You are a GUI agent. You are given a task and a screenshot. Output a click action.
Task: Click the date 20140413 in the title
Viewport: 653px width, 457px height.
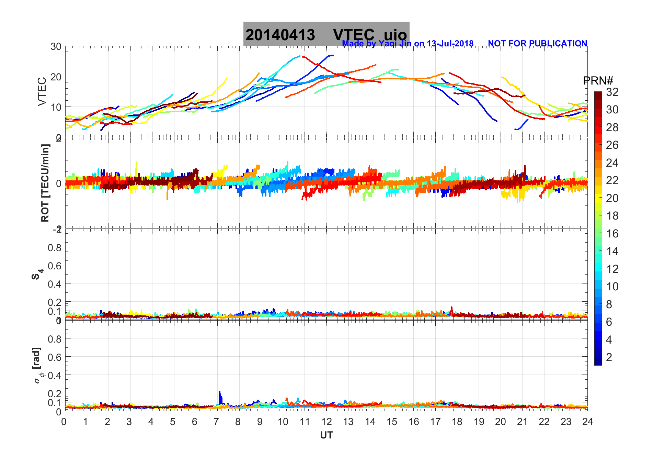click(x=280, y=35)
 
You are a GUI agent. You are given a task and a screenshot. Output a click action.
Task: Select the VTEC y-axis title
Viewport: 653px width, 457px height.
click(x=42, y=92)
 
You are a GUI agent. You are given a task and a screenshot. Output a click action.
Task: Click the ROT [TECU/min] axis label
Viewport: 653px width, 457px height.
click(x=45, y=183)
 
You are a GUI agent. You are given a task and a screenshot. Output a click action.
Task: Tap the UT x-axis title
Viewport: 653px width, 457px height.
click(x=326, y=435)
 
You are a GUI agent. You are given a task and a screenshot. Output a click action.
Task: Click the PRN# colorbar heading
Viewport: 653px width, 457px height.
click(x=598, y=81)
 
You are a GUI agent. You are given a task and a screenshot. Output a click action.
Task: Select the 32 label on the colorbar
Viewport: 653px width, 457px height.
click(x=612, y=92)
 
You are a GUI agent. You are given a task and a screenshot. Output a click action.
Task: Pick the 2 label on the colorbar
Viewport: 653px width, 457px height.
click(x=609, y=357)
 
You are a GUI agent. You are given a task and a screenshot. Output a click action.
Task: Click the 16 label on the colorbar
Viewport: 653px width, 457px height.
click(x=612, y=234)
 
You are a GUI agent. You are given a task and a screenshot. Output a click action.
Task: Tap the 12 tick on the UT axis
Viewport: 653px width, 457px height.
click(x=326, y=422)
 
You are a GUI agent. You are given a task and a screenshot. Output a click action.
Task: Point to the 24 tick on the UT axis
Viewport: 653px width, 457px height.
click(x=587, y=422)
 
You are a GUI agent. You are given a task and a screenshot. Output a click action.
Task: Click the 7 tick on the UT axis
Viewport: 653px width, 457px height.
click(x=216, y=422)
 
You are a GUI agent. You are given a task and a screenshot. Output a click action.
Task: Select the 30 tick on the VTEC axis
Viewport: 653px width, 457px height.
click(x=56, y=46)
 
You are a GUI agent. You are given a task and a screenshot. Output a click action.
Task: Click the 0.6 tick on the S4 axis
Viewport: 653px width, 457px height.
click(x=55, y=266)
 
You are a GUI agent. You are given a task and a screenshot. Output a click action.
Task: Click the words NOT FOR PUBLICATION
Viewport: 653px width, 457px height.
click(x=537, y=44)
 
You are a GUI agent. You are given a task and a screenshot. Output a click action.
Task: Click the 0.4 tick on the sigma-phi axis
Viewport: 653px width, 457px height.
click(x=55, y=375)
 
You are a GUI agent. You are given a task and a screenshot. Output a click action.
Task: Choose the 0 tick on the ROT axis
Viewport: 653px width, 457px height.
click(x=59, y=183)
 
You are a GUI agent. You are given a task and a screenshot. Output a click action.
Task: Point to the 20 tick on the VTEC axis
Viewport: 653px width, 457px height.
click(x=56, y=77)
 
